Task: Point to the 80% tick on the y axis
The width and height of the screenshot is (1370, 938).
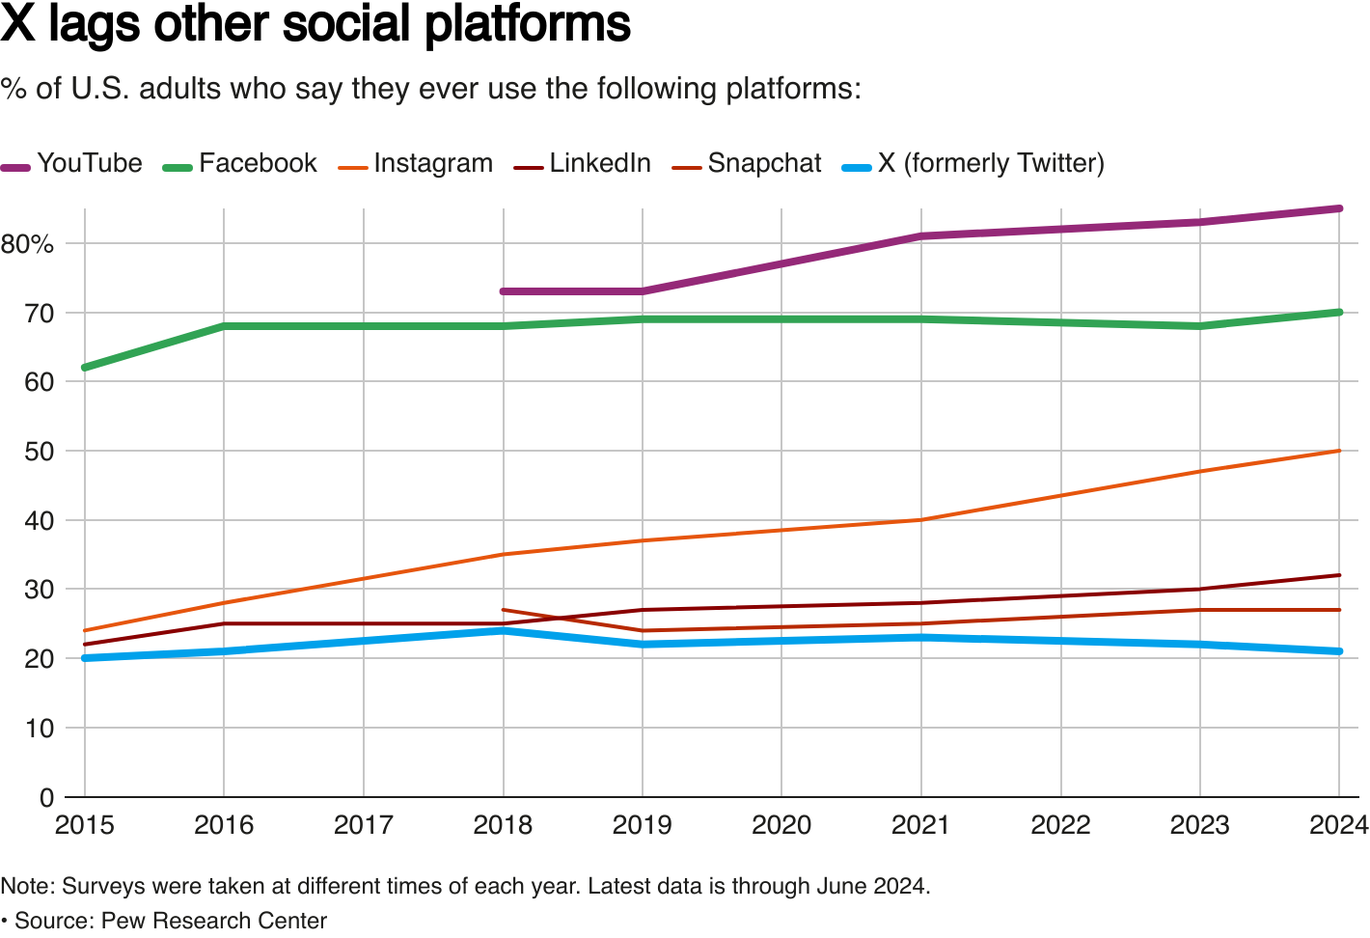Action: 27,244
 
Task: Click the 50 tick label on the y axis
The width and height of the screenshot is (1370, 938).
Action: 39,452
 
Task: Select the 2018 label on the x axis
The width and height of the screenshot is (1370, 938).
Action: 503,825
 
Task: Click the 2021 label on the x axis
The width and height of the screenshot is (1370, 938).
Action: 920,825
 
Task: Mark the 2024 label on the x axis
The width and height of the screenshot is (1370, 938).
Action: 1338,825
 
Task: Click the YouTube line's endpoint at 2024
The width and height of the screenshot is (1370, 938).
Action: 1339,208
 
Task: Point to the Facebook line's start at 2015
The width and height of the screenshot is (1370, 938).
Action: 85,368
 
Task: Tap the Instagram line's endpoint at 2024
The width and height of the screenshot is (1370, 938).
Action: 1339,451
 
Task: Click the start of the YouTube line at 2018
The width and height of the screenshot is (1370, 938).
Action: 504,291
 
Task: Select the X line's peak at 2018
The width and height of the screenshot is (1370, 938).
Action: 504,631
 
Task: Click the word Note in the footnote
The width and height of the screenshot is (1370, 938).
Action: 26,886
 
